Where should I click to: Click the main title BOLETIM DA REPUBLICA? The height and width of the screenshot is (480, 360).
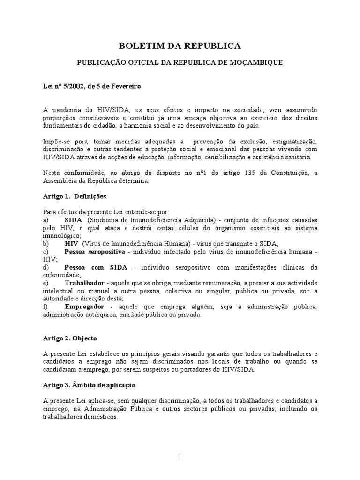180,45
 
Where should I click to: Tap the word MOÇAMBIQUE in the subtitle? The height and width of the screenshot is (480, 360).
257,62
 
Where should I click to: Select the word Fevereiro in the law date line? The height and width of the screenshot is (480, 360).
124,87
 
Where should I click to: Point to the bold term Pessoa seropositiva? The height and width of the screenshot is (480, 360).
95,252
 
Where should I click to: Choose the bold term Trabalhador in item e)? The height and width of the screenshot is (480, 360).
85,283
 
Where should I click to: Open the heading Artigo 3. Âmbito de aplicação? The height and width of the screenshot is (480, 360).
89,385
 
